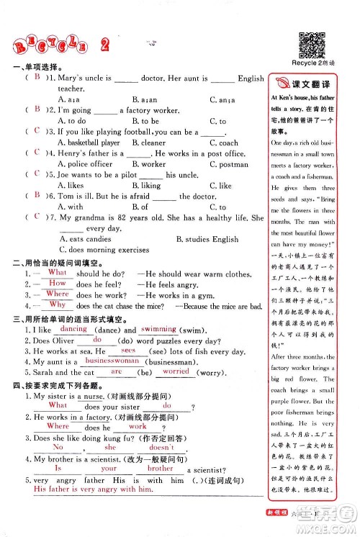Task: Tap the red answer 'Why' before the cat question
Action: point(57,304)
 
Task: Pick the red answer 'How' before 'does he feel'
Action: point(57,283)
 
